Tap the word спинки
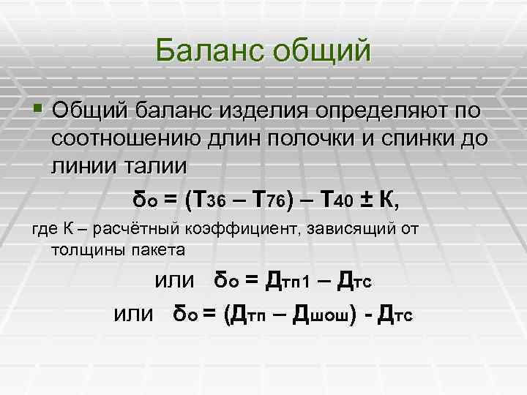[x=401, y=139]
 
